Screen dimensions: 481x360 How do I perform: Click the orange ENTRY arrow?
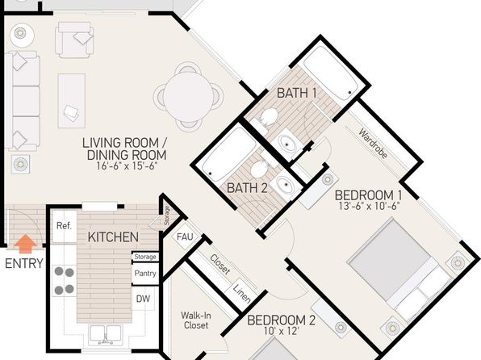pos(25,244)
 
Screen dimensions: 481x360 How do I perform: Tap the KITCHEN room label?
pos(113,237)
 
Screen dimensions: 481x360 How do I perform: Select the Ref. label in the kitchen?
pos(64,226)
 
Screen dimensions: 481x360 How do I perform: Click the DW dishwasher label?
pos(143,299)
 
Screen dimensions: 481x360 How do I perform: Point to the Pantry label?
pos(145,273)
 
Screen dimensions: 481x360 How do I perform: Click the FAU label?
pos(185,237)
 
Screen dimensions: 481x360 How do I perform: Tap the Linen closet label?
pos(242,293)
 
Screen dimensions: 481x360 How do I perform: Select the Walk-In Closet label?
pos(196,320)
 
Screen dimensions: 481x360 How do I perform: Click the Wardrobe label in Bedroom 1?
pos(373,144)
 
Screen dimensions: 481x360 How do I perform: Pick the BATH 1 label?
pos(297,93)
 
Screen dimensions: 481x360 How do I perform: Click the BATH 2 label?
pos(247,188)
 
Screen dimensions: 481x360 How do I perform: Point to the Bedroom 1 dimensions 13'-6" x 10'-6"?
pos(369,206)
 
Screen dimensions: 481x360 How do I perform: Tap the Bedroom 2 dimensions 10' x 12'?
pos(282,331)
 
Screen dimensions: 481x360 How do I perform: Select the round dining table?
pos(188,97)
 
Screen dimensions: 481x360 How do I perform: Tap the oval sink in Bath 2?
pos(285,185)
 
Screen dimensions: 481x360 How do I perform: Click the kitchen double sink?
pos(105,335)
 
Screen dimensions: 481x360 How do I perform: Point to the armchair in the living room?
pos(74,40)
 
